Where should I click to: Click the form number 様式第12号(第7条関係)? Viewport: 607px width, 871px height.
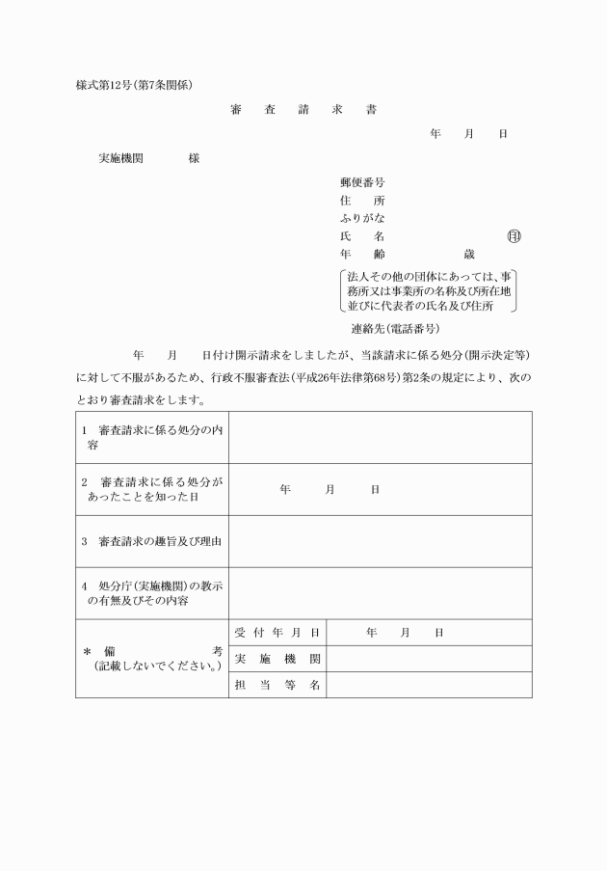[135, 84]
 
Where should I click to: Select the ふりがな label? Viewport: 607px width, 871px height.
[362, 218]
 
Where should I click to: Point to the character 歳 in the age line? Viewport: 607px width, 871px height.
[469, 255]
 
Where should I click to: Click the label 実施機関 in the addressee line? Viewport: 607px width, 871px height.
[121, 157]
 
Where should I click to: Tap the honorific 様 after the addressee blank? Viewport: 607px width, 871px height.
[195, 157]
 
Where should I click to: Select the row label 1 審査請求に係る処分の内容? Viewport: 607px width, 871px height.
[152, 437]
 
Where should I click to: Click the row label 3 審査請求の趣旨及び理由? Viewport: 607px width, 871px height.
[152, 541]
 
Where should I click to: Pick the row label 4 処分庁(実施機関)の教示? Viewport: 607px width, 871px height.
[152, 593]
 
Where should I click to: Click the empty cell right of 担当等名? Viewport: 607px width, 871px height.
[429, 685]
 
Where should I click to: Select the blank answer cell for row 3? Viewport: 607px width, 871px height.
[380, 541]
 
